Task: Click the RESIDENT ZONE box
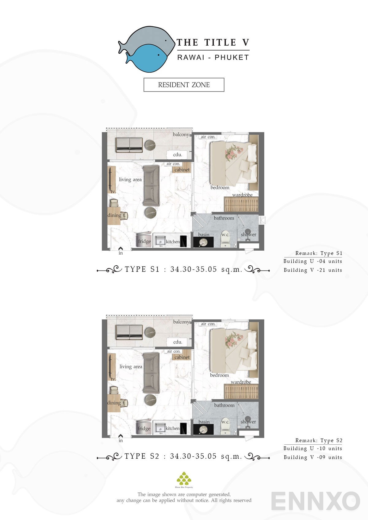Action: tap(184, 85)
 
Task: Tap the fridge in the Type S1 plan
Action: tap(144, 240)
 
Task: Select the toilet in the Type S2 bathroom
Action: tap(225, 426)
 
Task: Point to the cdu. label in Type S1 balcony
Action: tap(177, 155)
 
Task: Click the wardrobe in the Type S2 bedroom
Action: tap(241, 391)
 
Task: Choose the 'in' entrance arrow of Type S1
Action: tap(121, 249)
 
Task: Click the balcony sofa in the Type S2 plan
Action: tap(129, 332)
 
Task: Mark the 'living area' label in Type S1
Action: tap(130, 180)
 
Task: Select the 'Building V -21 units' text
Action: tap(312, 270)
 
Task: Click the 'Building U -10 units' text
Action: tap(312, 449)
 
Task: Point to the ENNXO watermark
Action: tap(315, 501)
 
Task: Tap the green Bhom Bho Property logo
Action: tap(184, 479)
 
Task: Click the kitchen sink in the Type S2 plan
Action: tap(159, 427)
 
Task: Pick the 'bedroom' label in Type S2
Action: tap(219, 375)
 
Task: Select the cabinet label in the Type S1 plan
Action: tap(182, 170)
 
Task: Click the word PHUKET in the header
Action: tap(232, 58)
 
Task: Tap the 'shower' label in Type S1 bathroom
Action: tap(248, 235)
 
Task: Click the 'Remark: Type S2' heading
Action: tap(319, 441)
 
